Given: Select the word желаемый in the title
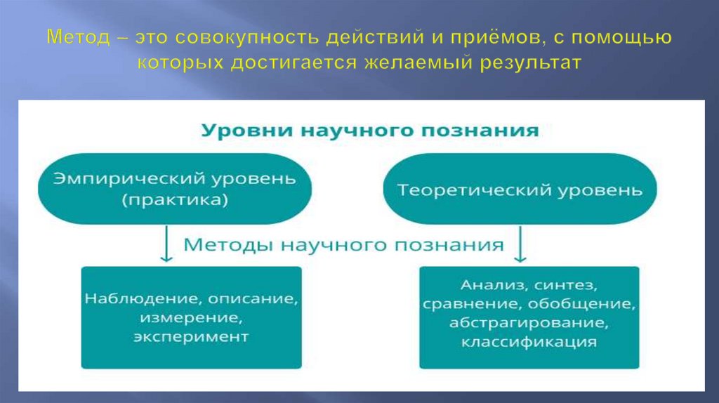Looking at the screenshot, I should [x=418, y=63].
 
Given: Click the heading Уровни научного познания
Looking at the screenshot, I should [x=371, y=131].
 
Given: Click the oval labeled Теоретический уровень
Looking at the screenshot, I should [x=520, y=190].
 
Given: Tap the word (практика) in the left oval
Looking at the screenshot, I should [x=174, y=200].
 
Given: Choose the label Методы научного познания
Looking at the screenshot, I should [x=343, y=245].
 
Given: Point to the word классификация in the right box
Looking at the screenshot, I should [x=529, y=342].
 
